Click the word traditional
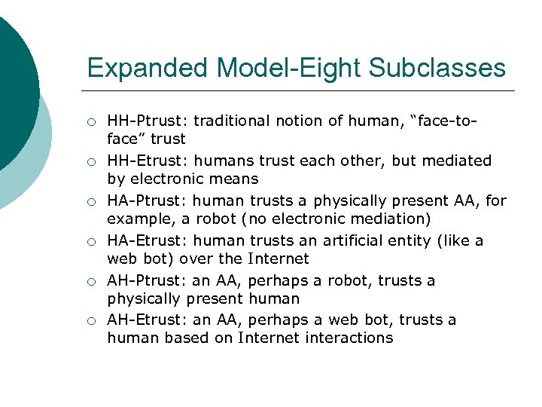click(233, 121)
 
